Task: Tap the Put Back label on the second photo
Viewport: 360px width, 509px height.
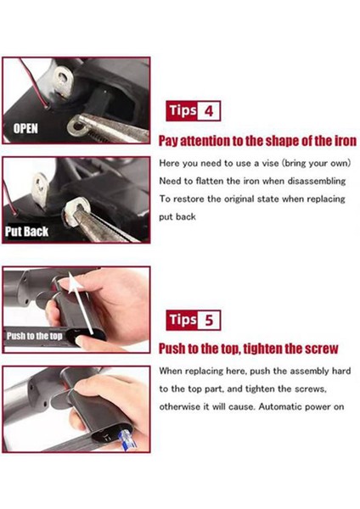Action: (x=27, y=230)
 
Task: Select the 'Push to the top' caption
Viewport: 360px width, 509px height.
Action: (x=36, y=335)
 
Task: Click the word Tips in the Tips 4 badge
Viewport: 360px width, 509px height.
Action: (x=182, y=110)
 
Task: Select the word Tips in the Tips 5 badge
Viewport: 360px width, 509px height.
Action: (x=182, y=320)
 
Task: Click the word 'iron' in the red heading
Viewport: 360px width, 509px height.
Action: (x=342, y=140)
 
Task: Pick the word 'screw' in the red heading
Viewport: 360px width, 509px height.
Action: (x=321, y=349)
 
